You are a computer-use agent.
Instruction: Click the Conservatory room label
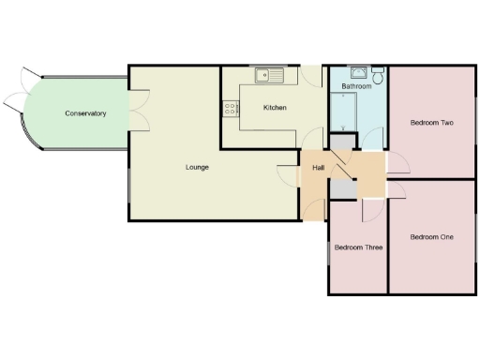click(x=85, y=113)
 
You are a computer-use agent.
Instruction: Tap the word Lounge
click(x=197, y=167)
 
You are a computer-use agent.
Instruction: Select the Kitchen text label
click(x=275, y=108)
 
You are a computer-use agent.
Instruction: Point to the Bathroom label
click(x=356, y=86)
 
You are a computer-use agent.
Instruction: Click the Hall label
click(x=318, y=169)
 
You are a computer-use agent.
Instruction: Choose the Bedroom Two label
click(x=432, y=123)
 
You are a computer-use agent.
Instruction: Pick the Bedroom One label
click(x=431, y=237)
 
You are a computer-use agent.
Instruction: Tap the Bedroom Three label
click(x=357, y=248)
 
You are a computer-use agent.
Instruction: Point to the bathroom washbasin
click(x=357, y=71)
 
